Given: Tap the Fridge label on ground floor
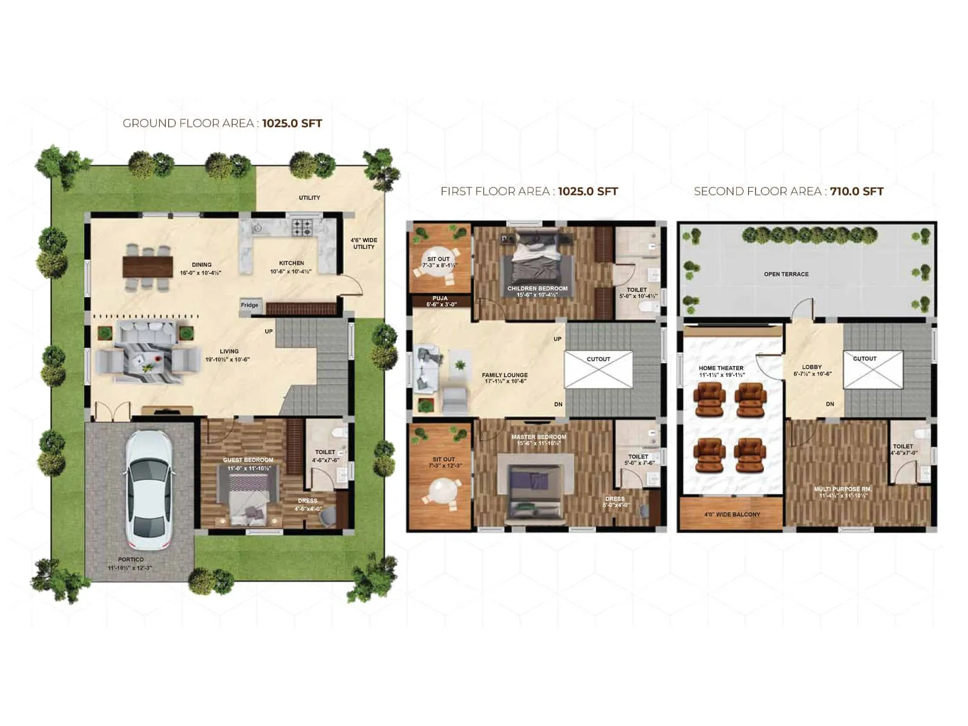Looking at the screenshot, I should [x=249, y=305].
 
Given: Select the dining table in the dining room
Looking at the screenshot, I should [x=148, y=266].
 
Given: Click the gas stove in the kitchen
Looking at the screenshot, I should [x=302, y=227].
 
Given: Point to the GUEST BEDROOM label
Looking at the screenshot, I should [x=248, y=460].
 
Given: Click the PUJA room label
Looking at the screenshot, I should [x=440, y=298].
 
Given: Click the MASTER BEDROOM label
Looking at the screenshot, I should [x=538, y=437].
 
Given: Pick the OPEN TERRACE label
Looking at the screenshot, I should [x=786, y=274].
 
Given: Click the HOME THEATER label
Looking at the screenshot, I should [x=721, y=368].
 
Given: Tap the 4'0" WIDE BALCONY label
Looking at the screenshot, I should [x=732, y=514].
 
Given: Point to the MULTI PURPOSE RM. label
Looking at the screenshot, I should [x=843, y=489].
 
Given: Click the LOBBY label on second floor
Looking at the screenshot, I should [x=811, y=367].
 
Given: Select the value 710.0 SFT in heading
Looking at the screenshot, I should [x=857, y=191].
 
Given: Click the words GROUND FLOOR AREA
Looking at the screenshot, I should [x=188, y=123].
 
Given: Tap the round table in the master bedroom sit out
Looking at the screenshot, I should [x=443, y=488].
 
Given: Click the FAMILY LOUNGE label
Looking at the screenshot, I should [x=505, y=375].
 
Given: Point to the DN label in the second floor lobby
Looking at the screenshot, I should [x=830, y=404].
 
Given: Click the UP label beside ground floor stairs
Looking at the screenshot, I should [x=269, y=331].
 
